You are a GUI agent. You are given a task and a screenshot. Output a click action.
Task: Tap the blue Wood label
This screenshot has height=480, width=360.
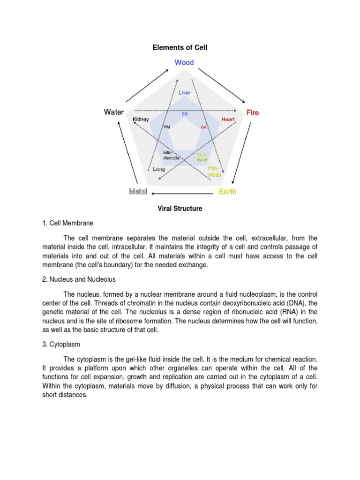coord(184,62)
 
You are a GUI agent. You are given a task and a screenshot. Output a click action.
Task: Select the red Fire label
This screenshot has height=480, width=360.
coord(253,112)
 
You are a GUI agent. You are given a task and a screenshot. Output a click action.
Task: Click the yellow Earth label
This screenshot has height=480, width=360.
coord(227,191)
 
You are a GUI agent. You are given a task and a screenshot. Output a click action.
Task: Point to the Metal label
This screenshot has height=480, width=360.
coord(138,191)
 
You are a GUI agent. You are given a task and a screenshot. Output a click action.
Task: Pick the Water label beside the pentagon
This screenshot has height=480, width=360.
coord(114,112)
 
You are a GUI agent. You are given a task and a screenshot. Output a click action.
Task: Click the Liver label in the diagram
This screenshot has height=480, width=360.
coord(185,93)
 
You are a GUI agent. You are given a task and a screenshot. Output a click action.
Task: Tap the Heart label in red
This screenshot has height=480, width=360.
coord(228,120)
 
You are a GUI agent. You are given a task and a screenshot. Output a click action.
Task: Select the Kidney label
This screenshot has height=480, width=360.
coord(141,120)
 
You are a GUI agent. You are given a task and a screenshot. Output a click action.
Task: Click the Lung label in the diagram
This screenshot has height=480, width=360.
coord(159,169)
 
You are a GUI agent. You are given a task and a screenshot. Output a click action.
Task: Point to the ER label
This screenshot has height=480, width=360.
coord(185,113)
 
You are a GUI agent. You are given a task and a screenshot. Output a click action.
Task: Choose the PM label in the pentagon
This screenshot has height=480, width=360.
coord(166,127)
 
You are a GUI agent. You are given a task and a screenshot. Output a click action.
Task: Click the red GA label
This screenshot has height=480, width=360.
coord(203,127)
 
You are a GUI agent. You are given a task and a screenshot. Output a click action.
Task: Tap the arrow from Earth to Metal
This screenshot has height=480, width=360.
coord(183,193)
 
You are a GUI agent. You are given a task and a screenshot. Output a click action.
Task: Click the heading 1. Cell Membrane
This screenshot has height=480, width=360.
coord(68,223)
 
